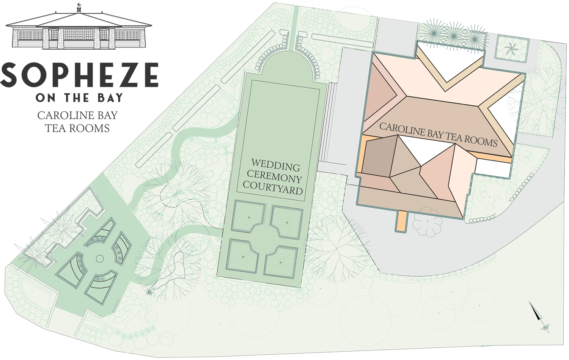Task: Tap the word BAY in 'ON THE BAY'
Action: pyautogui.click(x=110, y=98)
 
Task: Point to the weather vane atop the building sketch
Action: pyautogui.click(x=79, y=6)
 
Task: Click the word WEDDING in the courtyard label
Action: pyautogui.click(x=276, y=165)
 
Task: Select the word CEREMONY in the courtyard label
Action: pyautogui.click(x=274, y=177)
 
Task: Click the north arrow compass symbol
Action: pyautogui.click(x=539, y=315)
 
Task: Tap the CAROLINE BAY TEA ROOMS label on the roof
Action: pyautogui.click(x=438, y=134)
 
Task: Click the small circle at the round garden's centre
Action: pyautogui.click(x=100, y=259)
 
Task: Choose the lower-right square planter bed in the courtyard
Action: pyautogui.click(x=281, y=262)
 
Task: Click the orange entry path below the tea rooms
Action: pyautogui.click(x=401, y=221)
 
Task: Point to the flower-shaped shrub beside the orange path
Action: pyautogui.click(x=428, y=222)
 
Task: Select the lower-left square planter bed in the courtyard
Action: pyautogui.click(x=243, y=256)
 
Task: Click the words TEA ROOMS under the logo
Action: pyautogui.click(x=77, y=129)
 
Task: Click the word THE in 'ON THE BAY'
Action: pyautogui.click(x=77, y=98)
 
